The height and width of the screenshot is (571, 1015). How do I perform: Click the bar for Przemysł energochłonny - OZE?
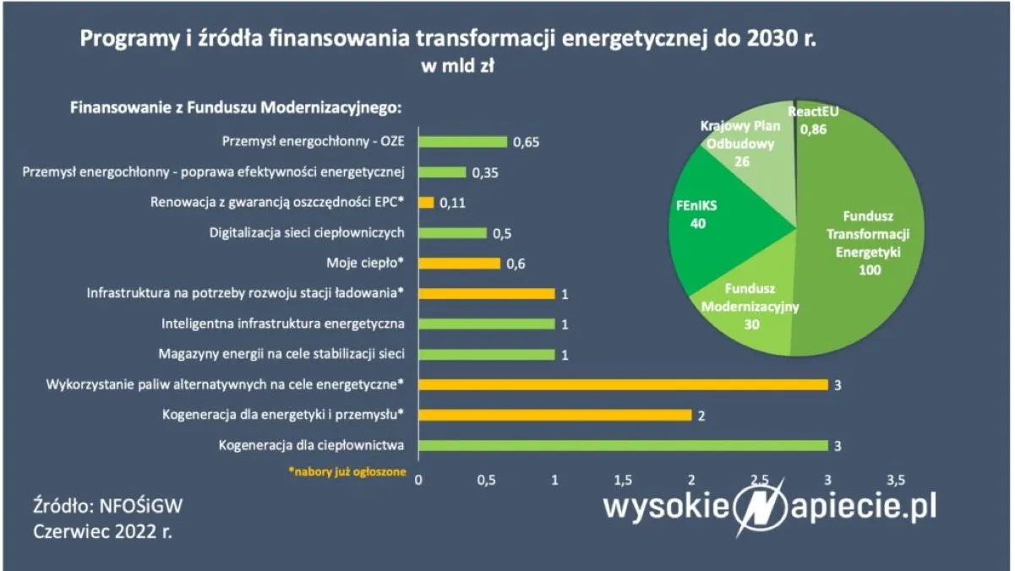[462, 142]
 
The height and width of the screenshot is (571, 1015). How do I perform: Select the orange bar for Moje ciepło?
[459, 264]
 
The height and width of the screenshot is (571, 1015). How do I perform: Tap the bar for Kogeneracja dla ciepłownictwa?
[623, 446]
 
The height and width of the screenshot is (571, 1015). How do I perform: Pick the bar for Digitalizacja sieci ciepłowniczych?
[452, 233]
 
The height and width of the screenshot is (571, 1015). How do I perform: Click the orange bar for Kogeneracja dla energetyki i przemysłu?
[554, 416]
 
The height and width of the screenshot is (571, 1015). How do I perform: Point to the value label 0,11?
[453, 203]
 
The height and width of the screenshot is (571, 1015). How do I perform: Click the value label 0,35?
[486, 172]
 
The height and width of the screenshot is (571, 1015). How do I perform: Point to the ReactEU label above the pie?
[812, 111]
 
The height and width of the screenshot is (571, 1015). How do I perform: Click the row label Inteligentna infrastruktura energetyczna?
[283, 324]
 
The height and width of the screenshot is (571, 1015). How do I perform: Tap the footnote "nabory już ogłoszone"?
[347, 472]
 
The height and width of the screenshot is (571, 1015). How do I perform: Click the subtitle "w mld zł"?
[457, 68]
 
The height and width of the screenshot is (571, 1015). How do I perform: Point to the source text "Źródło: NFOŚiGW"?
[107, 506]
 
